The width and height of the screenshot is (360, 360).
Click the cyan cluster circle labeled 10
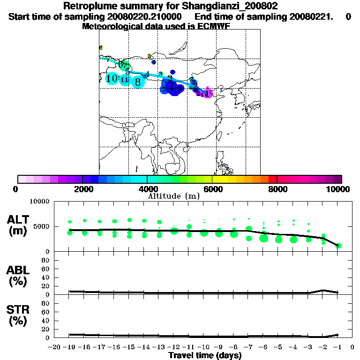pos(112,79)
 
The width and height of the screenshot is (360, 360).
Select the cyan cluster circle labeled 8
pos(137,82)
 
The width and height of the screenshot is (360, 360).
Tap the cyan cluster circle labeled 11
pos(124,80)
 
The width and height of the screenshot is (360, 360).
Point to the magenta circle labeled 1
pos(208,94)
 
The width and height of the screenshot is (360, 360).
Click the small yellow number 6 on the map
pos(101,48)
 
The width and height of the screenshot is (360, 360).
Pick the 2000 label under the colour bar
pos(82,189)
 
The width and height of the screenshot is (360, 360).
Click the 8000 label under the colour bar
pos(277,189)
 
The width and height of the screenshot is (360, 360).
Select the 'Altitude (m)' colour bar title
pos(173,196)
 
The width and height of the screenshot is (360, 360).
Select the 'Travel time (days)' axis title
pos(205,355)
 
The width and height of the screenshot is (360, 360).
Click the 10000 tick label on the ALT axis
pos(40,202)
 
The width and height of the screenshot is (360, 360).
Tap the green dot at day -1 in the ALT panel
pos(338,246)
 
